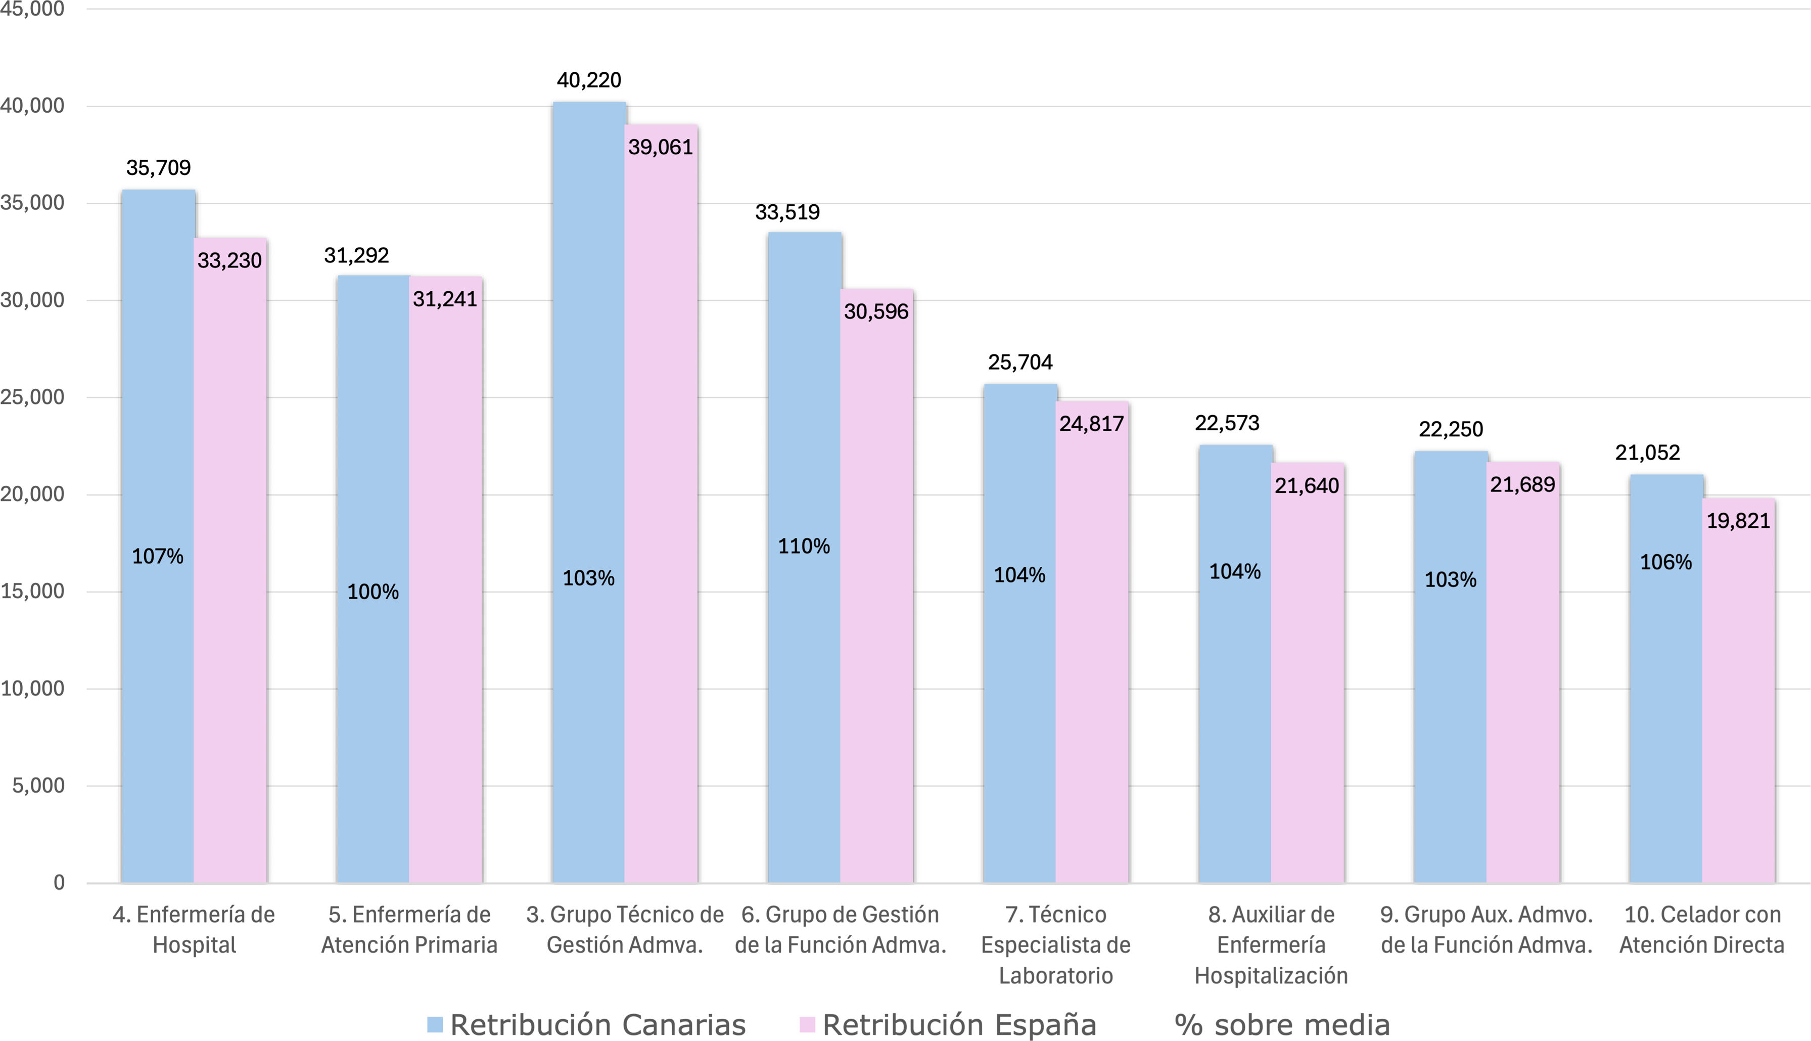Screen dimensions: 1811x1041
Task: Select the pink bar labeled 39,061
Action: click(x=661, y=504)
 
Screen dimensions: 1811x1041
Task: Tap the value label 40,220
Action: click(x=589, y=80)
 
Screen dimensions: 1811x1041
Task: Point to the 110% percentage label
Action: click(x=804, y=546)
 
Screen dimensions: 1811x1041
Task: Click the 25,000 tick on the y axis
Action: click(x=32, y=397)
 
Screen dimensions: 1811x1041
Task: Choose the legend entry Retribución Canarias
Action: click(x=587, y=1024)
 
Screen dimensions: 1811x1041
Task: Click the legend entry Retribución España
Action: click(x=948, y=1024)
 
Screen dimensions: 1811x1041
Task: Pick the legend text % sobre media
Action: click(x=1282, y=1024)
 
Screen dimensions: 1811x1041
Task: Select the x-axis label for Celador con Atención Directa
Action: click(x=1702, y=929)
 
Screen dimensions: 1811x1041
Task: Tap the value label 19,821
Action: click(x=1739, y=521)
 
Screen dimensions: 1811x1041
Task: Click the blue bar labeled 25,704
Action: click(x=1020, y=633)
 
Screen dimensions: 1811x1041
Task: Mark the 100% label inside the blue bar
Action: click(x=373, y=592)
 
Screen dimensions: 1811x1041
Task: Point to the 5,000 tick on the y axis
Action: click(x=38, y=786)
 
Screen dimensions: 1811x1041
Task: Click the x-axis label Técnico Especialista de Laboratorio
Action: click(x=1055, y=944)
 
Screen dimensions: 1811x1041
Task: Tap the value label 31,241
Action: click(x=444, y=299)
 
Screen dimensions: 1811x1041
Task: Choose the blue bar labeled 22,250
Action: click(x=1451, y=667)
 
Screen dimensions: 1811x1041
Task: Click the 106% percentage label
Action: click(x=1666, y=563)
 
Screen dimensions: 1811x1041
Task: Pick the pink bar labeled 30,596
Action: click(x=877, y=586)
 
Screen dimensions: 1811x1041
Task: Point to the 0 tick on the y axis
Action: click(x=59, y=883)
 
